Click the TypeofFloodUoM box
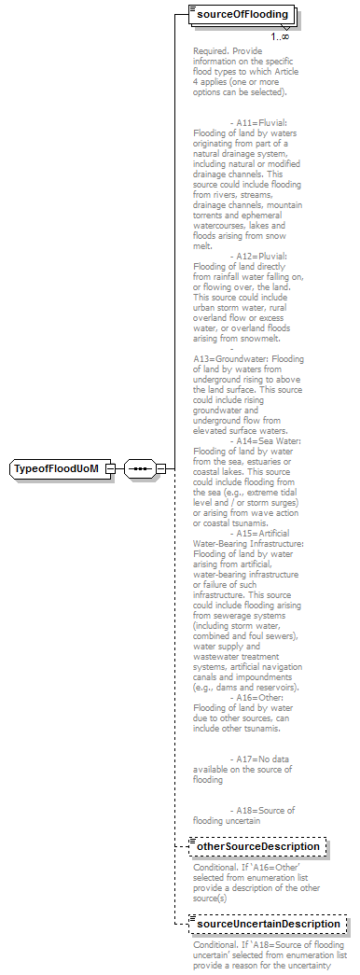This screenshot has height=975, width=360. (55, 467)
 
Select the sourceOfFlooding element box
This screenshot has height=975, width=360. (240, 16)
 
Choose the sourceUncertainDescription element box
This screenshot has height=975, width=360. (265, 924)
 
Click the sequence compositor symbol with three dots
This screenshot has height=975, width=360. (141, 467)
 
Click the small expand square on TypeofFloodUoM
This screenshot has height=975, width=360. (110, 467)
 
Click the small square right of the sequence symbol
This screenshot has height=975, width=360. (160, 467)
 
